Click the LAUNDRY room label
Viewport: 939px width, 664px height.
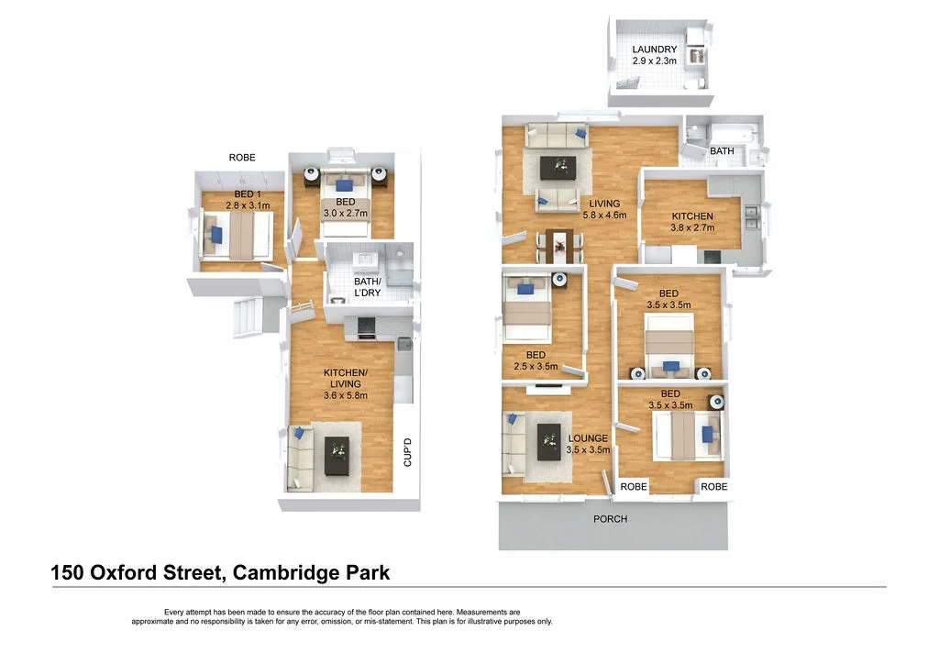[654, 50]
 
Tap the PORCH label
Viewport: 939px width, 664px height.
[610, 519]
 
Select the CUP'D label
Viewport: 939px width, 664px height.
[409, 453]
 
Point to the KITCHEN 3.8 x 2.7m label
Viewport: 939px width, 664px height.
[691, 222]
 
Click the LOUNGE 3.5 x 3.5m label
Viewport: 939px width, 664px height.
[587, 444]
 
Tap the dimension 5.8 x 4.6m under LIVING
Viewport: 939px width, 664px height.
[604, 216]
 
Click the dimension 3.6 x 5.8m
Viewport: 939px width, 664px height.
[345, 395]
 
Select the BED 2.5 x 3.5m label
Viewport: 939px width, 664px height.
[536, 360]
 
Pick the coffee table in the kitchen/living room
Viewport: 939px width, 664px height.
[337, 455]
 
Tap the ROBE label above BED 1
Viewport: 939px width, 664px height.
[242, 158]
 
